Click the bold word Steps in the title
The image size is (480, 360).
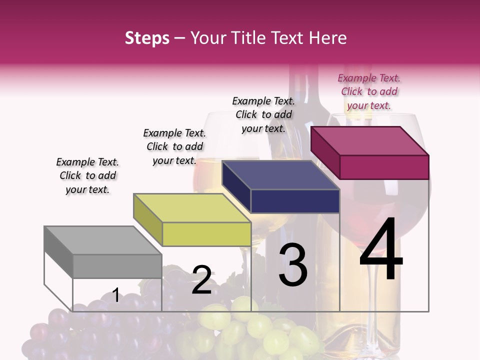pos(147,38)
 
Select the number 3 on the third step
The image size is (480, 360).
pos(293,265)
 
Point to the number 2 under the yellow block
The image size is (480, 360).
pos(201,280)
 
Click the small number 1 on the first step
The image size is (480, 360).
pos(116,295)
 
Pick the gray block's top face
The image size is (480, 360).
pos(102,240)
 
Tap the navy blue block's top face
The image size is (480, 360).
pos(280,175)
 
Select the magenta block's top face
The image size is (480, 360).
pos(369,141)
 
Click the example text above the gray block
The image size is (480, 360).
pos(87,175)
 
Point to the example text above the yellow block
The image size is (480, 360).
pos(174,146)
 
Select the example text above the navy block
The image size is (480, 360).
pos(263,114)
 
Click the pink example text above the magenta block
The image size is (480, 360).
pos(369,91)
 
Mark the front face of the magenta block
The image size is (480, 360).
pos(384,167)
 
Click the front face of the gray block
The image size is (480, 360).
pos(117,266)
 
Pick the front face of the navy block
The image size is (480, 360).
pos(295,201)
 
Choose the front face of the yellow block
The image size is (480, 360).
pos(206,234)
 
